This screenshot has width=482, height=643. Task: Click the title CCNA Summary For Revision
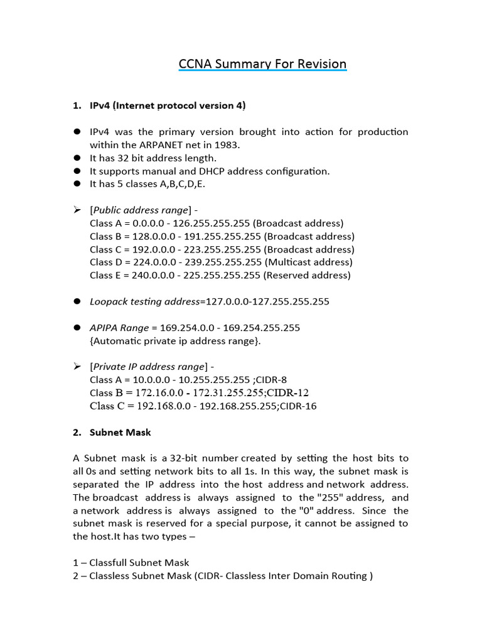(262, 64)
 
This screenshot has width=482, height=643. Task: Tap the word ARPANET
(169, 144)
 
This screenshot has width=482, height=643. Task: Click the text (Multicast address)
(308, 262)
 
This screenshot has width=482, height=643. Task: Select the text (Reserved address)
(307, 275)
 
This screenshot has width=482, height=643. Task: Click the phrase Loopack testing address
(144, 301)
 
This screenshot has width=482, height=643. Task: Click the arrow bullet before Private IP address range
(77, 366)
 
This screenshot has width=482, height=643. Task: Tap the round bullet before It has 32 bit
(77, 158)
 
